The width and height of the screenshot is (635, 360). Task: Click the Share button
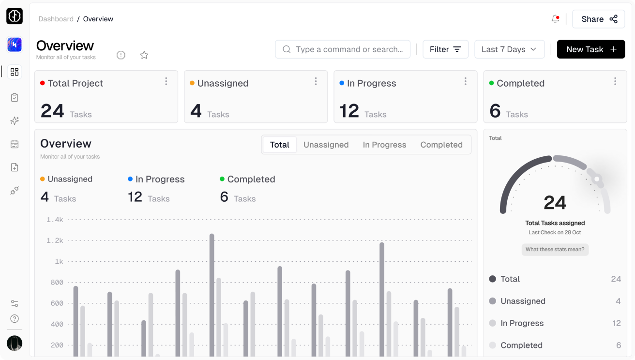click(599, 19)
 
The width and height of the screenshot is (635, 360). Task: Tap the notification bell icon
click(555, 19)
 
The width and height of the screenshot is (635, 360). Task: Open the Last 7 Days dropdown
click(509, 49)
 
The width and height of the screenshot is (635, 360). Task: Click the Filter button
click(445, 49)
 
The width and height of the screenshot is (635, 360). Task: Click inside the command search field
click(348, 49)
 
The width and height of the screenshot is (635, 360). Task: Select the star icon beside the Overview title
click(144, 55)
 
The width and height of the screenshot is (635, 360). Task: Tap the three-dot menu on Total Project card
click(166, 81)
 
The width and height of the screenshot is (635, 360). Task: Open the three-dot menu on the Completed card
click(615, 81)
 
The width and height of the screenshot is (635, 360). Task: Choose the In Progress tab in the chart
click(384, 145)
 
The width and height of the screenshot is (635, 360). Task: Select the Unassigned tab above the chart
click(326, 145)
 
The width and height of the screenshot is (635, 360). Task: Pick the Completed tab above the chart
click(441, 145)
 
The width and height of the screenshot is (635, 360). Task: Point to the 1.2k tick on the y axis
click(55, 240)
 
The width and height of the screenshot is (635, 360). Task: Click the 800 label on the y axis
click(57, 283)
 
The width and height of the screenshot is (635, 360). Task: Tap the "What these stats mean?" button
click(555, 250)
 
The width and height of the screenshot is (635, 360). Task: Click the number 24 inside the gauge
click(555, 203)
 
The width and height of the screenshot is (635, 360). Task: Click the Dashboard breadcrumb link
click(56, 19)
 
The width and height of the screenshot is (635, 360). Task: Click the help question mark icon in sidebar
click(15, 318)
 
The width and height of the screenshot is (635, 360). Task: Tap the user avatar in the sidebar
click(15, 343)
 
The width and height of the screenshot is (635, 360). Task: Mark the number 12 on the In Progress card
click(349, 111)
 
